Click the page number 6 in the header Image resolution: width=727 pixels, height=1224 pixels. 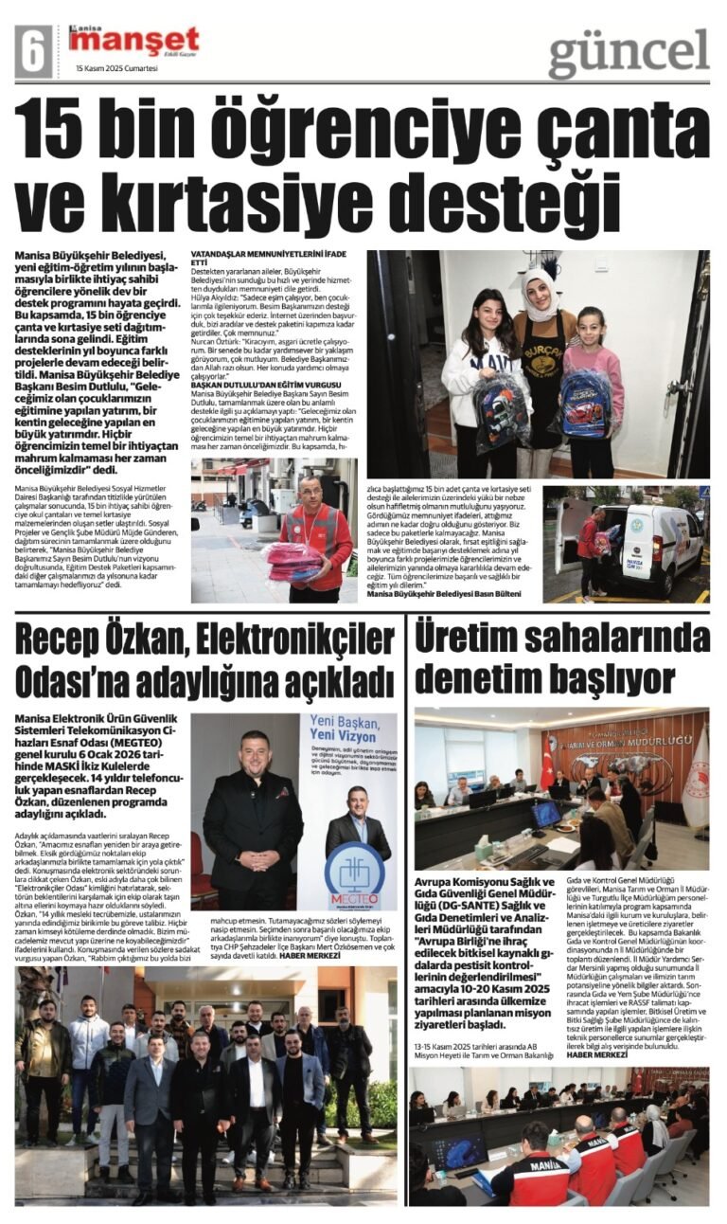(33, 50)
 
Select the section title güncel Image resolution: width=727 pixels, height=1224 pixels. (629, 52)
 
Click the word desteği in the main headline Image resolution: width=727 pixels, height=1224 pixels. (496, 204)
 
